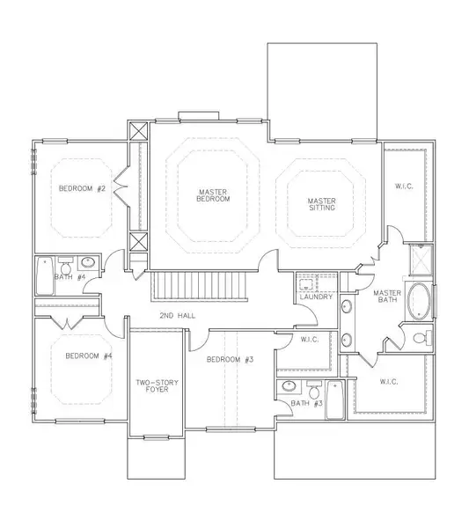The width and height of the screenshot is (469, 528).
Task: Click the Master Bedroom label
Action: pos(213,195)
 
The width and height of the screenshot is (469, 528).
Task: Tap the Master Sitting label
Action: pos(322,204)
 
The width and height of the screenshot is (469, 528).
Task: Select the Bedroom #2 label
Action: pos(82,188)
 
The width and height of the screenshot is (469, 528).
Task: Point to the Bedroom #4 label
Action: pos(89,356)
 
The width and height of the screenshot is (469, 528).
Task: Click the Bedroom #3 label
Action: pos(230,359)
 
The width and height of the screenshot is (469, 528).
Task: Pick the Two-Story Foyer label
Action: pos(157,386)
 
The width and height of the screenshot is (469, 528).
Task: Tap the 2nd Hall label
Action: pos(177,316)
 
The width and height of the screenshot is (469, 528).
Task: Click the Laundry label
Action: pos(316,297)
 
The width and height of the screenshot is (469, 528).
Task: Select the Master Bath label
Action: pos(387,296)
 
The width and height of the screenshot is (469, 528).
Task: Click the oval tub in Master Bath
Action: pos(419,301)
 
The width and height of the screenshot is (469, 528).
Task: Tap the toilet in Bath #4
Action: pos(65,266)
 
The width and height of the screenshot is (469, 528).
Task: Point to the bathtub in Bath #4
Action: pos(45,276)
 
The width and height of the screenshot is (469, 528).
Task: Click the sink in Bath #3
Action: pos(289,386)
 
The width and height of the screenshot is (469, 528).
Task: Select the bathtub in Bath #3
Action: pos(335,400)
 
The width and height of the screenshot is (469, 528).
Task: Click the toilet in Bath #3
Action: pos(315,390)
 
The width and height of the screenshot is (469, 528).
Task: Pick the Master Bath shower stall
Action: pos(421,260)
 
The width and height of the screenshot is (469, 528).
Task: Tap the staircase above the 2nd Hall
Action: pos(200,285)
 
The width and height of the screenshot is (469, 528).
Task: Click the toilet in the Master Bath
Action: pos(422,338)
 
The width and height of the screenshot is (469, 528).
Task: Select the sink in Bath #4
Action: pos(88,262)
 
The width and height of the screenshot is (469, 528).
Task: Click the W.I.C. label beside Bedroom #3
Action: pos(310,340)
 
